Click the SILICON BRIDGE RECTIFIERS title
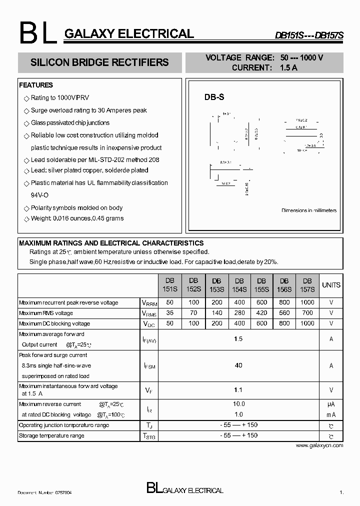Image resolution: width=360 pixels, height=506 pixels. click(99, 62)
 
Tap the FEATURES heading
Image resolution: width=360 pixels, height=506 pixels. click(36, 85)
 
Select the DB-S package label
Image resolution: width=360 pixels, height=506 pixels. click(214, 98)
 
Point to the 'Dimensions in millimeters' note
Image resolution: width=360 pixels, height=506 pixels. click(309, 210)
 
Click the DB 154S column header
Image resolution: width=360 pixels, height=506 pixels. click(239, 285)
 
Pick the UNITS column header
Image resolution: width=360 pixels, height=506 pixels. click(331, 285)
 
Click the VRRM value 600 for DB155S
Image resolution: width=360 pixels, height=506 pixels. click(261, 302)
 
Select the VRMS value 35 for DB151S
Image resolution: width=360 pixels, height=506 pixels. click(170, 313)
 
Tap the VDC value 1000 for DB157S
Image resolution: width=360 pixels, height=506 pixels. click(307, 323)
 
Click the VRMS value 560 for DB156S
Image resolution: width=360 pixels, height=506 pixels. click(284, 313)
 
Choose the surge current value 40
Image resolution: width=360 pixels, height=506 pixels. click(238, 365)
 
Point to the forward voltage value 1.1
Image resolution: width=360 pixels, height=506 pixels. click(238, 389)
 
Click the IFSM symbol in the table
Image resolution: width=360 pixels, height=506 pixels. click(149, 366)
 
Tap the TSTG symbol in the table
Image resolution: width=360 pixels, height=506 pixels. click(149, 436)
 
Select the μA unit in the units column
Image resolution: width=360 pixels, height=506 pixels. click(331, 404)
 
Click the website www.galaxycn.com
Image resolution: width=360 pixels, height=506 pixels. click(319, 445)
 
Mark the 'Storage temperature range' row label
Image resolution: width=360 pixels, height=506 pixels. click(51, 435)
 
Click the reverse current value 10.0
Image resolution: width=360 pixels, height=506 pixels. click(238, 404)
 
